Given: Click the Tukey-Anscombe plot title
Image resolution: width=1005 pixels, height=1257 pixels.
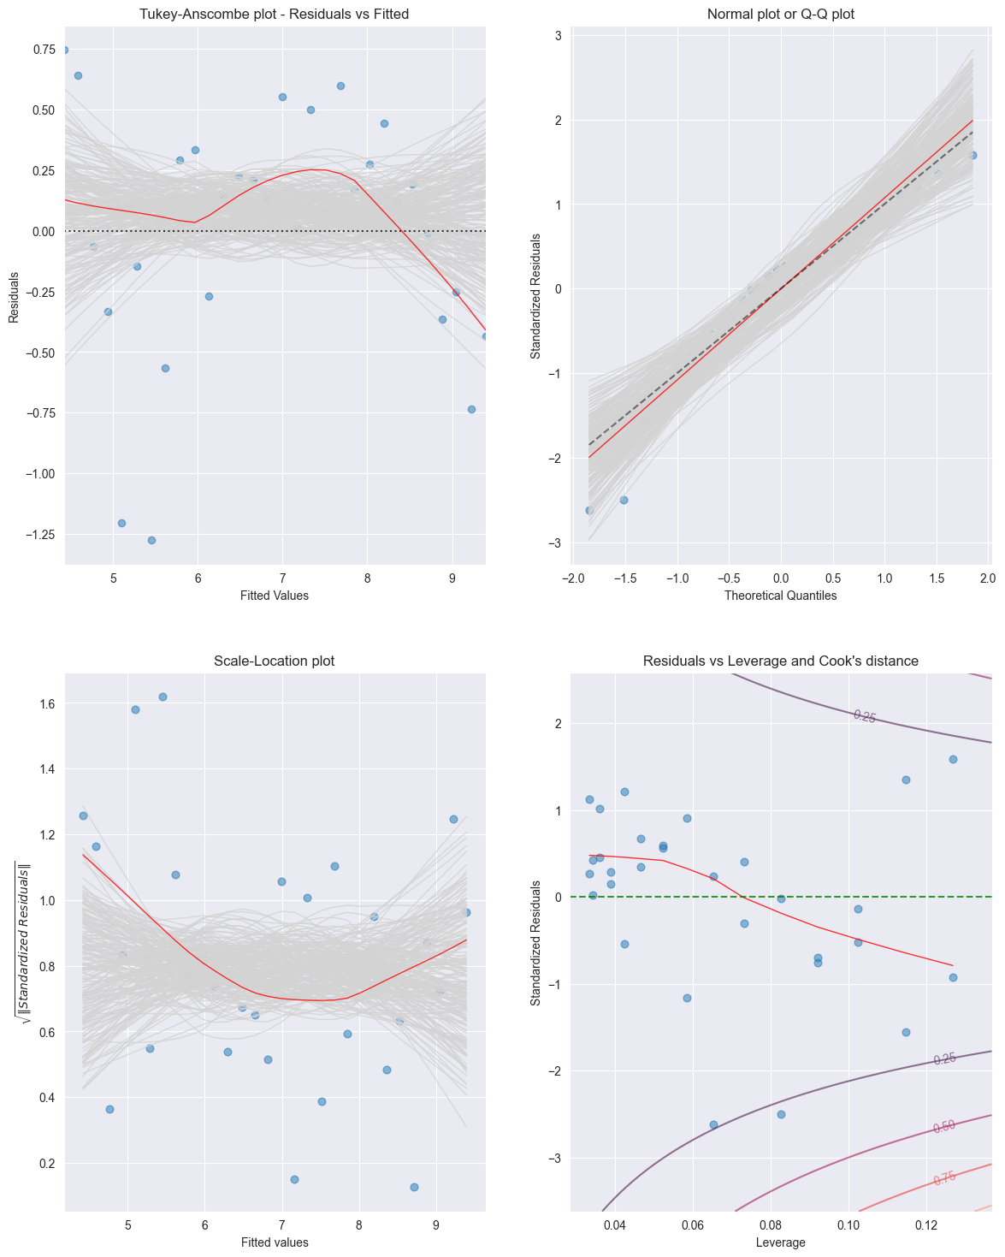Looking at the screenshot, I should tap(275, 14).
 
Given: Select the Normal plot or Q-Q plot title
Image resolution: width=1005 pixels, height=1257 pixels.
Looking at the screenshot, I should tap(780, 14).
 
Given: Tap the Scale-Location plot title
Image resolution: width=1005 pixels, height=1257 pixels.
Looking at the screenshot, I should tap(275, 661).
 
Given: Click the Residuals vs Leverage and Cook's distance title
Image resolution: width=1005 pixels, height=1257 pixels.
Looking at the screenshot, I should tap(780, 661).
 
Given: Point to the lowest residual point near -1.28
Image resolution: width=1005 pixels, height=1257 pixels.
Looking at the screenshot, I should tap(151, 540).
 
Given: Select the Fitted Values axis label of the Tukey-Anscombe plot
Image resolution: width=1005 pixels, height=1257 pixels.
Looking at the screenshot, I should tap(275, 596).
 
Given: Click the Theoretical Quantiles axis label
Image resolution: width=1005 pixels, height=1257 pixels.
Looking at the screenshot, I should tap(780, 596).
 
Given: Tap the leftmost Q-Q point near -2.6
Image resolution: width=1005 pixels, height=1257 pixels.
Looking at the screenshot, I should tap(588, 510).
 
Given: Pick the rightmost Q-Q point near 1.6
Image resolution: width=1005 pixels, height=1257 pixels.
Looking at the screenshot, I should tap(972, 155).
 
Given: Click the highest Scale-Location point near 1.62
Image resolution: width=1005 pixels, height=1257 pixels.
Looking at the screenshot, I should tap(163, 697).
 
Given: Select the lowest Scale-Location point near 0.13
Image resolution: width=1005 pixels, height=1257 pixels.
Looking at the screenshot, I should tap(414, 1187).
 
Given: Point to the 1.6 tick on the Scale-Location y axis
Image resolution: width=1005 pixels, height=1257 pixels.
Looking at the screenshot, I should tap(46, 703).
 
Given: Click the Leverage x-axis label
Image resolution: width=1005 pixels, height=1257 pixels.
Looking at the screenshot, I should tap(780, 1242).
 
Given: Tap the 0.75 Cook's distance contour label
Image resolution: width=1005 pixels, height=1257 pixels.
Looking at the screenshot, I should tap(944, 1178).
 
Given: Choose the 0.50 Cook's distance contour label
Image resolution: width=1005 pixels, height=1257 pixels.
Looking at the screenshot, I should tap(944, 1127).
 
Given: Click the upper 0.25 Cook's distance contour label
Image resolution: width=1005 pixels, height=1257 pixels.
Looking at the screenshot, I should tap(864, 716).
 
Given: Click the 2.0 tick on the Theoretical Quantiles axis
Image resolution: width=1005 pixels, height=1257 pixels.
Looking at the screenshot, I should tap(988, 578).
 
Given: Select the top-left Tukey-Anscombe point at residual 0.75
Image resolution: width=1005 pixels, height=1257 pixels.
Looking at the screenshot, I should tap(64, 50).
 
